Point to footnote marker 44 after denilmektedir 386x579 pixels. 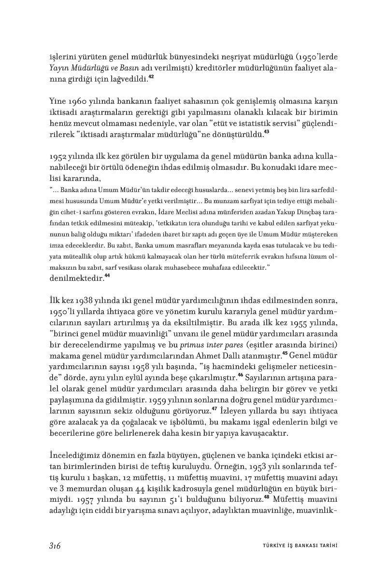tap(107, 276)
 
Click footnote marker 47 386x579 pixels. tap(214, 408)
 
